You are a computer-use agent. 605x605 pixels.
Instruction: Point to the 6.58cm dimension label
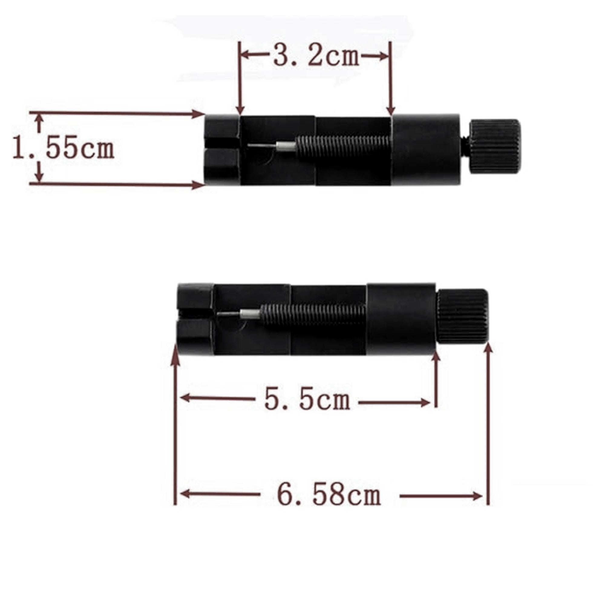tap(329, 495)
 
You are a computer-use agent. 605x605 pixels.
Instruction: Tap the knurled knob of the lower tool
tap(463, 316)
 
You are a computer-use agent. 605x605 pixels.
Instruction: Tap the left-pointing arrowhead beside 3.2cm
tap(246, 55)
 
